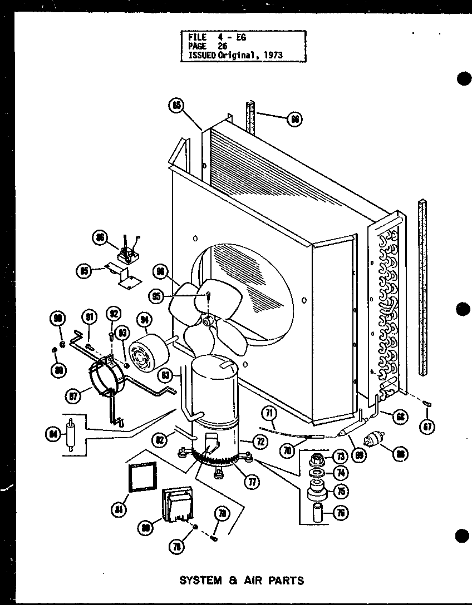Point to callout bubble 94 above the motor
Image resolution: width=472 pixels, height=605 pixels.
click(145, 320)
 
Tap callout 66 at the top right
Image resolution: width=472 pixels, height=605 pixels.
click(295, 119)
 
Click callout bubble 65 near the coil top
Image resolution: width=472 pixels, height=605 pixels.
click(176, 105)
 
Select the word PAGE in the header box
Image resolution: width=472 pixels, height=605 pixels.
click(197, 46)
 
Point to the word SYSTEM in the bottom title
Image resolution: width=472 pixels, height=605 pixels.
click(200, 581)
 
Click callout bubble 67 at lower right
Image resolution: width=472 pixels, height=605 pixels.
click(427, 427)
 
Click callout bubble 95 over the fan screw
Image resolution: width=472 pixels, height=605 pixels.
click(158, 296)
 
